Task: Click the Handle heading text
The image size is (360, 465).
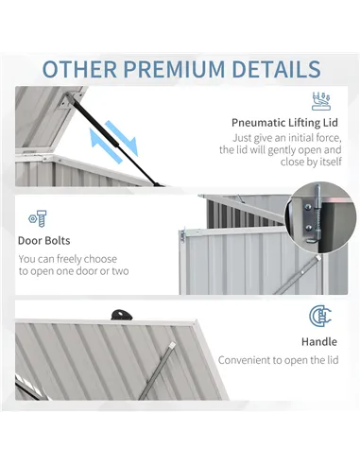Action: tap(317, 340)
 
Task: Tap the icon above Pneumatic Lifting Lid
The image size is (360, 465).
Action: tap(321, 100)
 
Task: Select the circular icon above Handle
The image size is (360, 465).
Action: tap(318, 317)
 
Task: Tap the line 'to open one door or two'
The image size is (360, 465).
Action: tap(74, 272)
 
